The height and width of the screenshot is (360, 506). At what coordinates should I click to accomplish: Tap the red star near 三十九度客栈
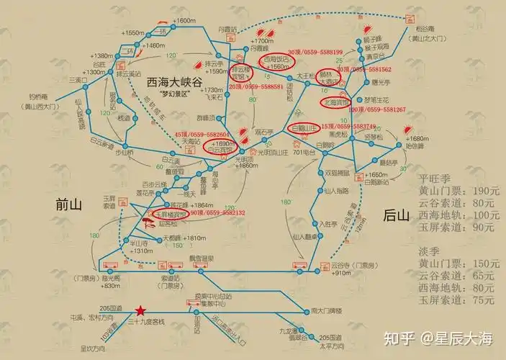coord(140,310)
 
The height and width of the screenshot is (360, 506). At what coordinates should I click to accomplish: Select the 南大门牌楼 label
coord(324,311)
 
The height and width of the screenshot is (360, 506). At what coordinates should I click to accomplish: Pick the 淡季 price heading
coord(430,251)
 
